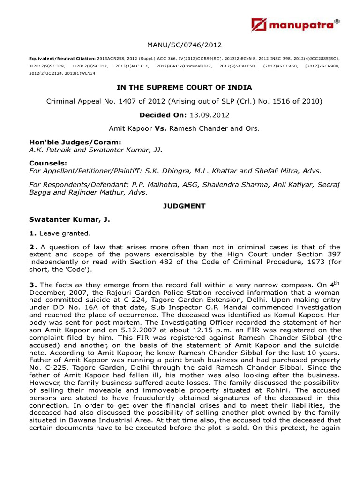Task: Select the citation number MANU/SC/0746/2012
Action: coord(184,45)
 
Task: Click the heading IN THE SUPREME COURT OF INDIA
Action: coord(184,87)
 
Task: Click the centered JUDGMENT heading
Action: coord(184,206)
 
